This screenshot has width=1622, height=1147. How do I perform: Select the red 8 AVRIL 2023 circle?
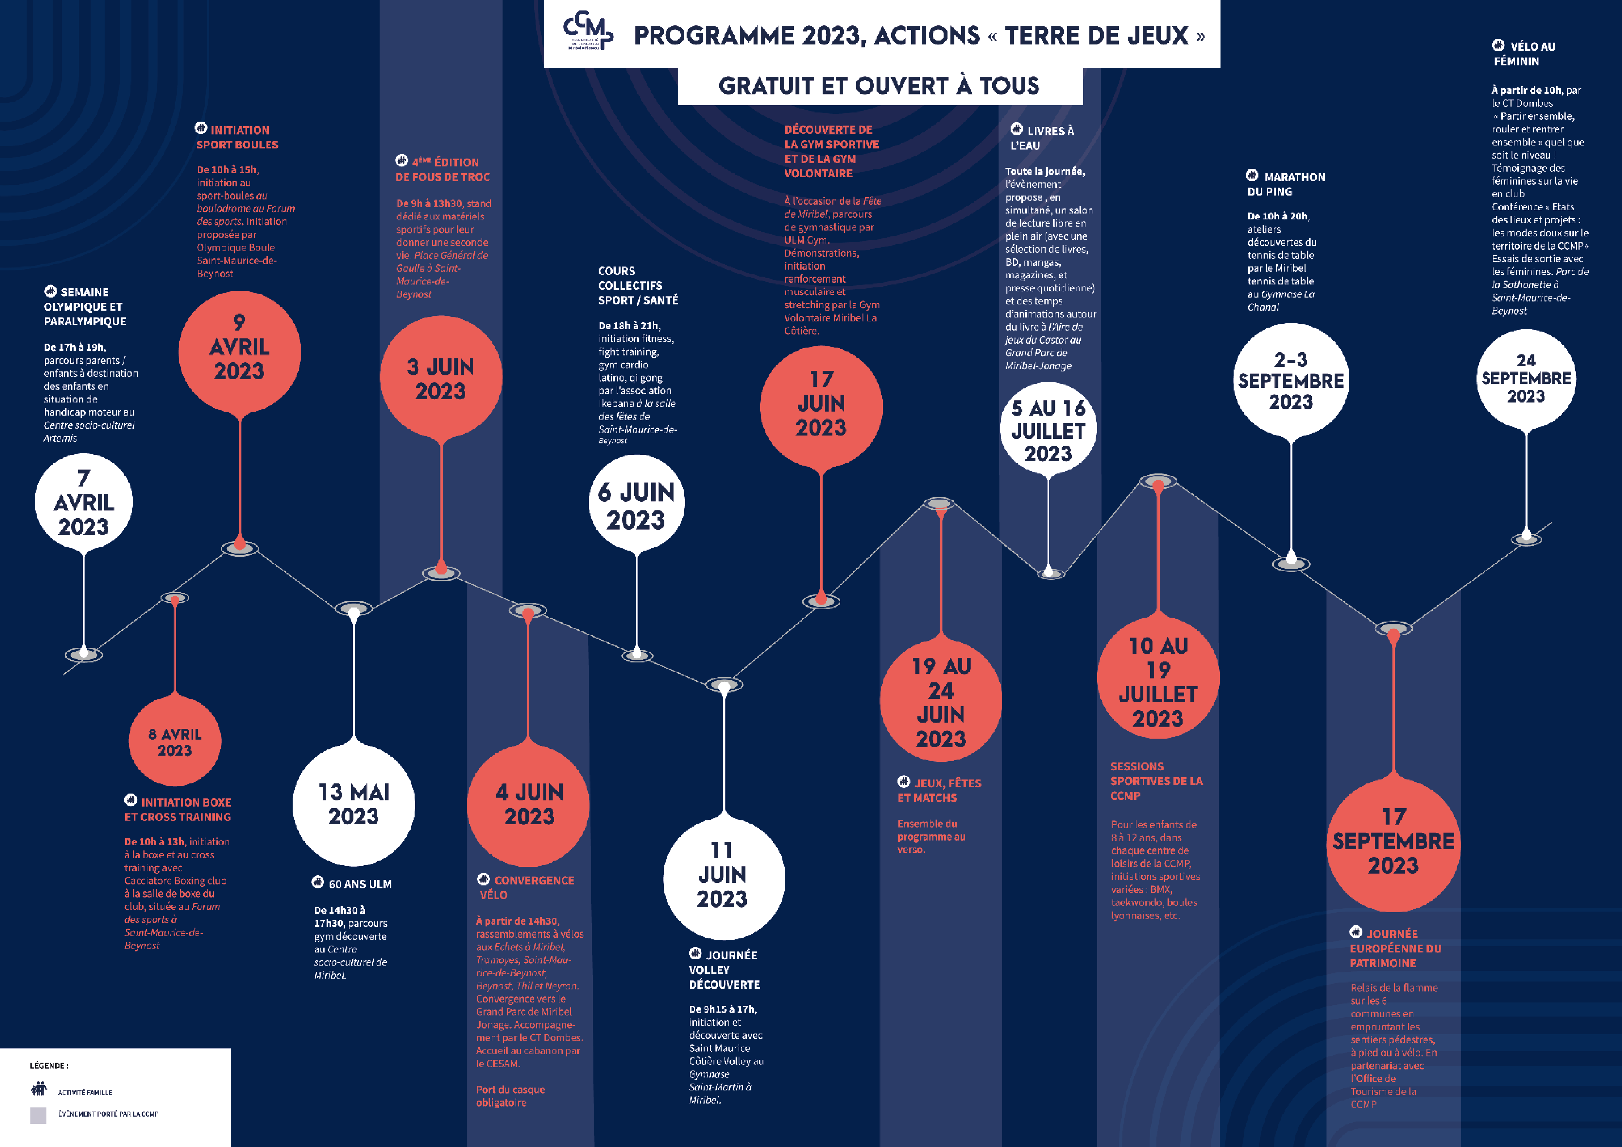coord(175,742)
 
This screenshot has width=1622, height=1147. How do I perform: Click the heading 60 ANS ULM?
coord(359,883)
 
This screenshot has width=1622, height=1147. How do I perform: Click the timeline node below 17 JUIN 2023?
coord(821,600)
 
